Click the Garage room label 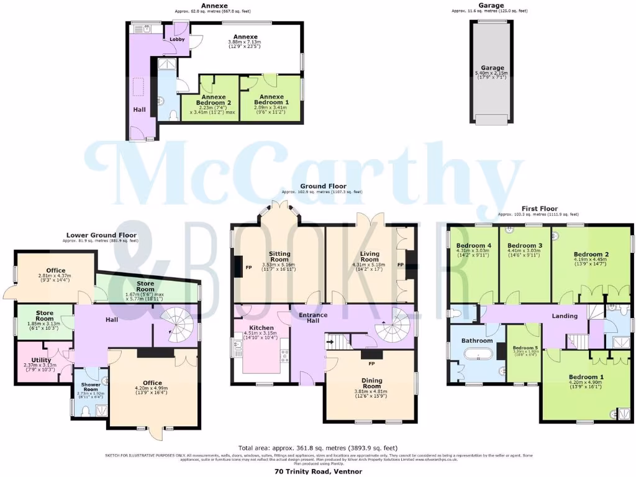click(492, 68)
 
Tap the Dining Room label click(369, 384)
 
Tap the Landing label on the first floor click(565, 316)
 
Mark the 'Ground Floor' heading click(322, 186)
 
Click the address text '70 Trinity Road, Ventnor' click(318, 471)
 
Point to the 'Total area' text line click(318, 448)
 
